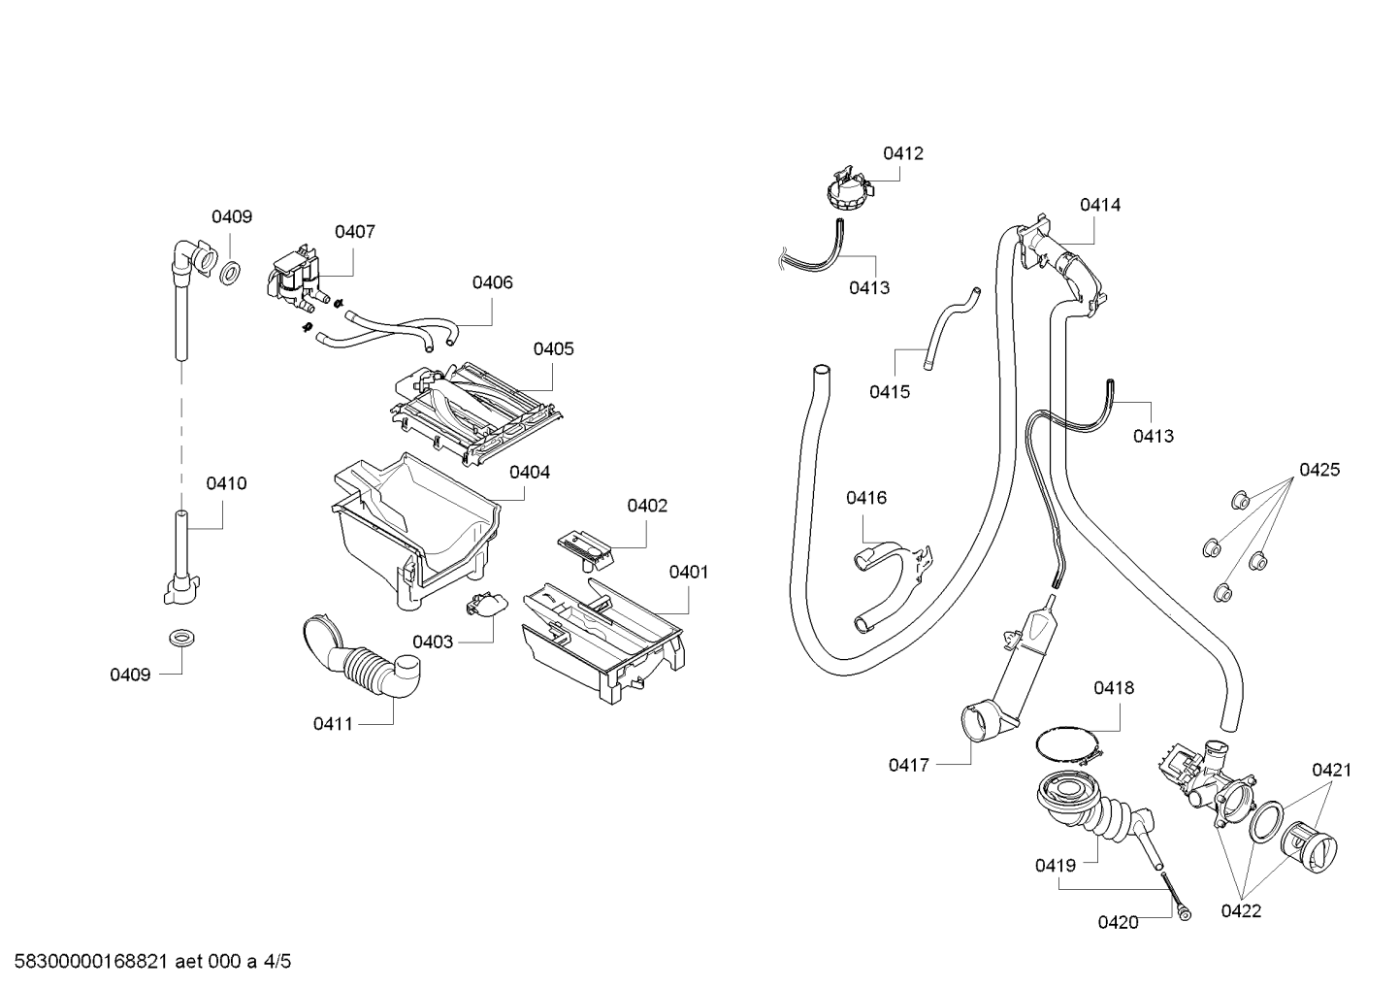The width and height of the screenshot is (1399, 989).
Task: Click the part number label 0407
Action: (355, 232)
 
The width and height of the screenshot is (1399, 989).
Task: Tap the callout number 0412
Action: (903, 153)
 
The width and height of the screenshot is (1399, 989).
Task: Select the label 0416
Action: (866, 497)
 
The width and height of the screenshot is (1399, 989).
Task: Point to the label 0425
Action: (1319, 469)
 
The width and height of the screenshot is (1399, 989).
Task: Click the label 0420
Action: (1119, 922)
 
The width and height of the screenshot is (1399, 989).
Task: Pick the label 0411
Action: (333, 724)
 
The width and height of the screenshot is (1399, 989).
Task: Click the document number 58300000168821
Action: (90, 962)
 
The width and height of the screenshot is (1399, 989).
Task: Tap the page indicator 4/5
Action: (277, 962)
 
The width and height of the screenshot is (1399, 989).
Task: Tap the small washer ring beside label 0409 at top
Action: (231, 273)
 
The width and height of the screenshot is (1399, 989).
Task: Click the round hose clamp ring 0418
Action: (1067, 744)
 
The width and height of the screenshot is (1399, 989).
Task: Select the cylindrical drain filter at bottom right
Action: (1309, 845)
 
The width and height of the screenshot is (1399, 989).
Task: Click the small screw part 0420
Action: (1176, 895)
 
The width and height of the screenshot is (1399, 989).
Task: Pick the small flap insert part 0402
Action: (585, 550)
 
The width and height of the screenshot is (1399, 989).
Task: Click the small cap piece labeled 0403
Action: (487, 604)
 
